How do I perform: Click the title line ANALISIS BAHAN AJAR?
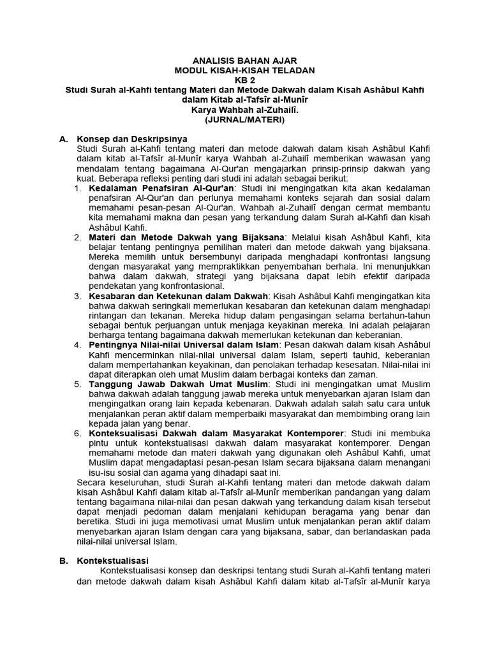tap(244, 60)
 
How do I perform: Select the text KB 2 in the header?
tap(244, 80)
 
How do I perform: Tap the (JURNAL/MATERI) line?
tap(244, 119)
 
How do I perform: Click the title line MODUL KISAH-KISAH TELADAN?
tap(244, 70)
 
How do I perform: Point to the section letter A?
tap(63, 139)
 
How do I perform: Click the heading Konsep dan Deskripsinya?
tap(132, 139)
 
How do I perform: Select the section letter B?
tap(63, 561)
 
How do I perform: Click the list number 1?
tap(77, 189)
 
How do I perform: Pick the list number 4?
tap(77, 345)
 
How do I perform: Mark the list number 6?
tap(77, 434)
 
